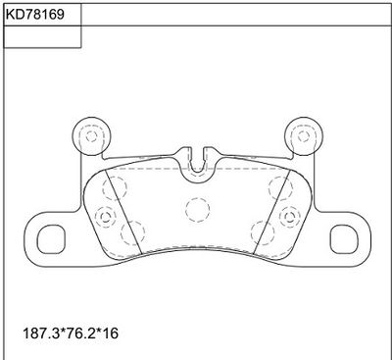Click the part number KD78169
pos(35,15)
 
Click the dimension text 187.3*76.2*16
pos(71,334)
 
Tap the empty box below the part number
pos(42,37)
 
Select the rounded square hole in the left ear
pos(51,239)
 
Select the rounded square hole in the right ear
pos(344,239)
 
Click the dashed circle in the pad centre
pos(198,210)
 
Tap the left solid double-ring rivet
pos(105,217)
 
